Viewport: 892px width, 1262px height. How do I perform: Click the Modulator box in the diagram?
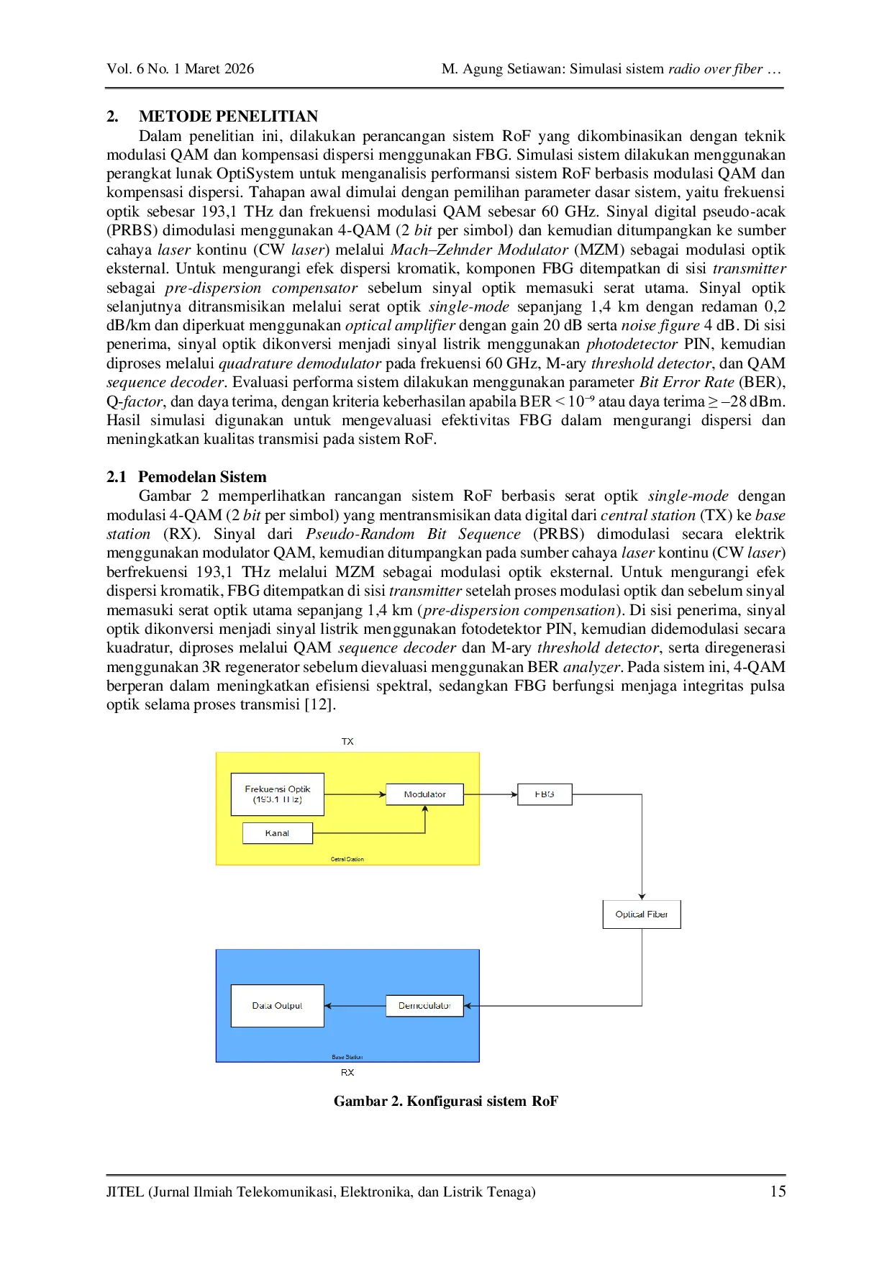point(424,794)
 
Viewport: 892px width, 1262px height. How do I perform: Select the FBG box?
point(545,794)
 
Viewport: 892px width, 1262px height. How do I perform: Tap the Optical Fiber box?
point(641,914)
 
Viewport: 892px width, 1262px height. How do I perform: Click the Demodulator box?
point(424,1005)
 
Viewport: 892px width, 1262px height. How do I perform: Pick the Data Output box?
point(277,1005)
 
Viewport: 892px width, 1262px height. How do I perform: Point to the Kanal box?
point(277,833)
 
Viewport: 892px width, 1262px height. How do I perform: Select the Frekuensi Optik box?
point(277,794)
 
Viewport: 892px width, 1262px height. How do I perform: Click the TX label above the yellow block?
point(347,741)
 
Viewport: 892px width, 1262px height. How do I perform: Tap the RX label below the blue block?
point(347,1072)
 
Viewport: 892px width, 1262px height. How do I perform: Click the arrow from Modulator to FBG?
point(491,794)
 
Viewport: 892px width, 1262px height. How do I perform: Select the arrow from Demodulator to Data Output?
point(355,1005)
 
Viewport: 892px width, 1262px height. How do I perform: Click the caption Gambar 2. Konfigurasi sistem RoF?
point(445,1101)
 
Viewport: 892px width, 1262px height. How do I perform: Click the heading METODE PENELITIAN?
point(228,117)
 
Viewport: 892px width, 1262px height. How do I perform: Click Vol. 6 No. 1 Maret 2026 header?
point(180,69)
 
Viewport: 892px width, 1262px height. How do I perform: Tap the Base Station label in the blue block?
point(347,1057)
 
